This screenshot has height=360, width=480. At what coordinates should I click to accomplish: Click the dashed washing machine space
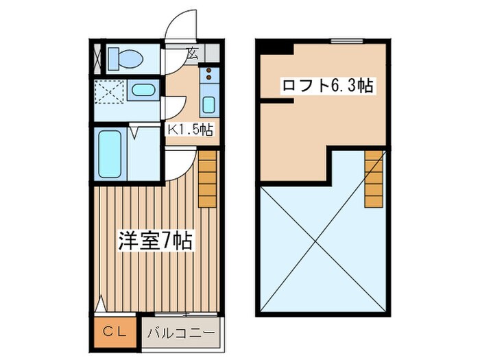point(109,91)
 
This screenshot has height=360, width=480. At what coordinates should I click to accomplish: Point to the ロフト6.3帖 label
point(328,86)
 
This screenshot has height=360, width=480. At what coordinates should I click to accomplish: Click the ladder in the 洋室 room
point(208,180)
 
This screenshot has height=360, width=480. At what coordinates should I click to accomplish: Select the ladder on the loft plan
point(374,178)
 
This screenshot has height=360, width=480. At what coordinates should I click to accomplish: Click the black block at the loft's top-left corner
point(276,47)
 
